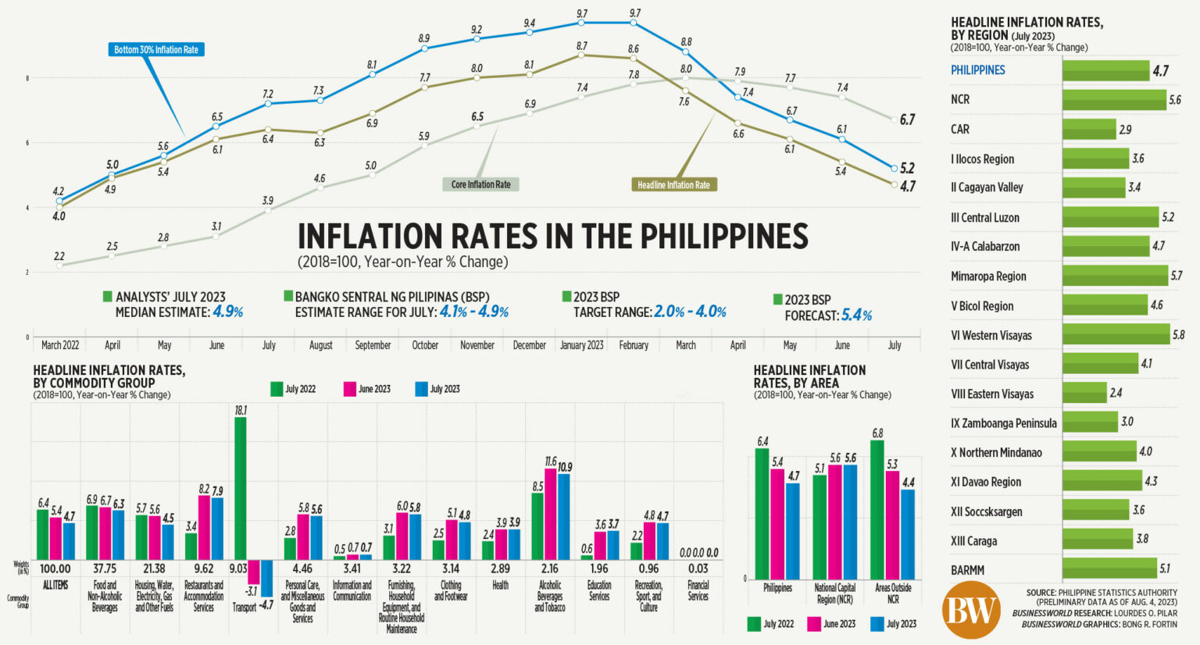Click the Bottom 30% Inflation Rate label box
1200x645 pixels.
pyautogui.click(x=156, y=50)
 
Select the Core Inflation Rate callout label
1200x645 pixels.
pyautogui.click(x=480, y=185)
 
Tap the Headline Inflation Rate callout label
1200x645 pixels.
pyautogui.click(x=673, y=185)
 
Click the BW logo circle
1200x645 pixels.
pyautogui.click(x=971, y=611)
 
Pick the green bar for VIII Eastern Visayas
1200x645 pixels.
pyautogui.click(x=1084, y=394)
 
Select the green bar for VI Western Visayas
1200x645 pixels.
pyautogui.click(x=1116, y=335)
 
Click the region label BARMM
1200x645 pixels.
pyautogui.click(x=967, y=570)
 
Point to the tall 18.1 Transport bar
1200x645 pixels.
pyautogui.click(x=241, y=488)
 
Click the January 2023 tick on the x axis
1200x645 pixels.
pyautogui.click(x=581, y=345)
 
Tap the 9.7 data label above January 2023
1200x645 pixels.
pyautogui.click(x=582, y=14)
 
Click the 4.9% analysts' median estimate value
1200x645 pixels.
pyautogui.click(x=228, y=312)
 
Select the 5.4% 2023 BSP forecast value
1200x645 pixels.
pyautogui.click(x=856, y=315)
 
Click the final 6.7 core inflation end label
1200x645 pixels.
pyautogui.click(x=907, y=119)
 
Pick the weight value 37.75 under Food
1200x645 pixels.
pyautogui.click(x=105, y=568)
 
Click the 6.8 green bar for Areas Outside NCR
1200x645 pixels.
pyautogui.click(x=877, y=509)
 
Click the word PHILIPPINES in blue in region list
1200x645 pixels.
pyautogui.click(x=977, y=70)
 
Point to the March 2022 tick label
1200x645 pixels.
pyautogui.click(x=60, y=345)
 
